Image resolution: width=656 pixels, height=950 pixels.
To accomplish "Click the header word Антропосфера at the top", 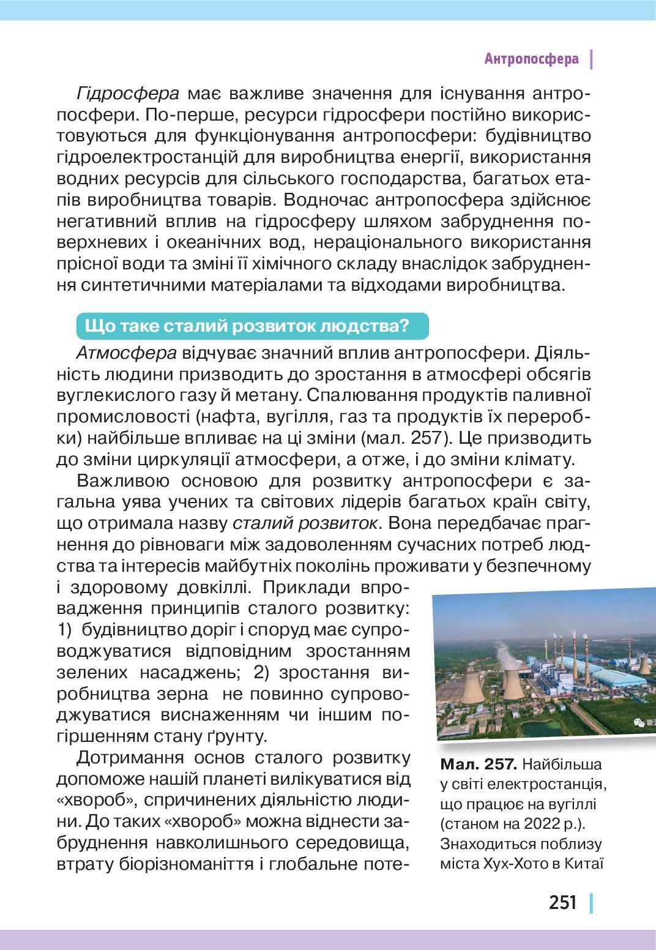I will [x=531, y=59].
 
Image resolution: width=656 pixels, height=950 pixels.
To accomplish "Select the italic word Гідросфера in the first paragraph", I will [x=128, y=94].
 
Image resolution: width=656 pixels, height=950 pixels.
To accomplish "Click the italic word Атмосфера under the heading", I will [x=127, y=353].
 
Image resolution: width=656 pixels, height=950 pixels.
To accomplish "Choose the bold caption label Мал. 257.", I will [x=479, y=765].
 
